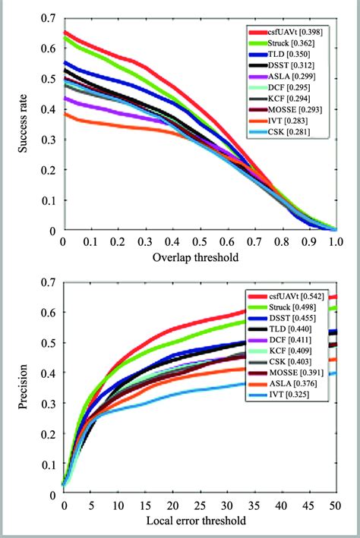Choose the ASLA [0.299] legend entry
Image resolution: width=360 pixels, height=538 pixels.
(x=290, y=77)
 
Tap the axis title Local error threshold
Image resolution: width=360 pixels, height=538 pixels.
(x=200, y=522)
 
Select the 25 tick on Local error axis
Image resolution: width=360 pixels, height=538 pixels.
(x=200, y=505)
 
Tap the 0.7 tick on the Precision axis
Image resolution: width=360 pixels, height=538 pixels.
(x=48, y=282)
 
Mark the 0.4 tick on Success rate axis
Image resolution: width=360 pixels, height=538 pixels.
(x=48, y=109)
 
